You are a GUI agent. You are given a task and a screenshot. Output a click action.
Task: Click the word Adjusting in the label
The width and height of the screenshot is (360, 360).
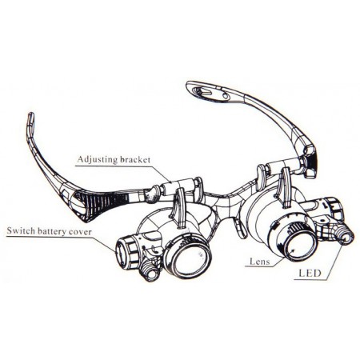tap(97, 159)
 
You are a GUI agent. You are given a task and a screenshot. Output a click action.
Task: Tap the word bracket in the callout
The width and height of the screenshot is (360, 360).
tap(135, 159)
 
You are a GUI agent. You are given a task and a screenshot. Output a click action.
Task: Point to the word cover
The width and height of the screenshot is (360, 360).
tap(80, 231)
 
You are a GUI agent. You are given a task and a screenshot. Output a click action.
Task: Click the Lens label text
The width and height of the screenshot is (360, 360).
tap(259, 262)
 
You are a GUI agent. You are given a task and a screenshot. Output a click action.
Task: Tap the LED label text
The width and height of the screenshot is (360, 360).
tap(310, 274)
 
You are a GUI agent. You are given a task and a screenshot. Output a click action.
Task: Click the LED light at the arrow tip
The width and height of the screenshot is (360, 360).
tap(346, 237)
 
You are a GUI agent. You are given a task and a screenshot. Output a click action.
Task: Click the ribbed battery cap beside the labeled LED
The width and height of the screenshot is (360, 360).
tap(334, 210)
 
